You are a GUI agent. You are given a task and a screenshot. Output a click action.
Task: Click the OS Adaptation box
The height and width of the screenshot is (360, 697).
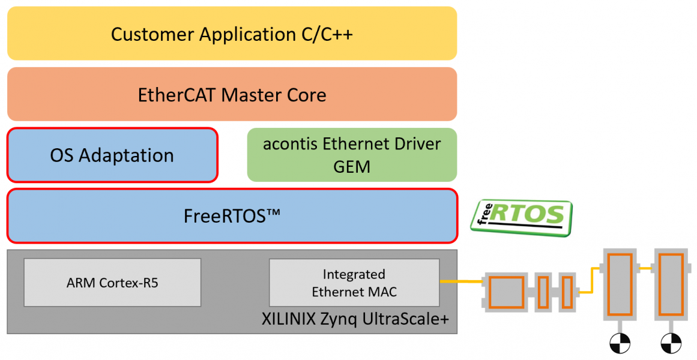point(112,155)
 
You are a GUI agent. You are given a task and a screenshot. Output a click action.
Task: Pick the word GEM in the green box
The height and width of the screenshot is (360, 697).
point(352,167)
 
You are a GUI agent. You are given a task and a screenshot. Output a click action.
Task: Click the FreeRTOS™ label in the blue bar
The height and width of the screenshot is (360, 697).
point(232,216)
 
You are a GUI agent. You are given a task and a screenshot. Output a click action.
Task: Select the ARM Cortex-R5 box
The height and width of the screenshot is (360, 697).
point(112,283)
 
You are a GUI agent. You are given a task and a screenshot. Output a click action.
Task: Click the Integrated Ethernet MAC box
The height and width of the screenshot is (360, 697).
point(354,283)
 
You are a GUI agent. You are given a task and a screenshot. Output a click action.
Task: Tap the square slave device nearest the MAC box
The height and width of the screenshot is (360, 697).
point(507,292)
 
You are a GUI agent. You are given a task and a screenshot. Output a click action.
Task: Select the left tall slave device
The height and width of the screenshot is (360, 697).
point(620,284)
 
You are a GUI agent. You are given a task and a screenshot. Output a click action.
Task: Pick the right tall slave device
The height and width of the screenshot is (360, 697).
point(670,284)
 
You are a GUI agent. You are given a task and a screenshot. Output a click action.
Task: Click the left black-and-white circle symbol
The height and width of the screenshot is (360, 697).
point(620,343)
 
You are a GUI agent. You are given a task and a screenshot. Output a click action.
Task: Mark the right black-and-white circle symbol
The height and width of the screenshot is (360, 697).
point(670,343)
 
